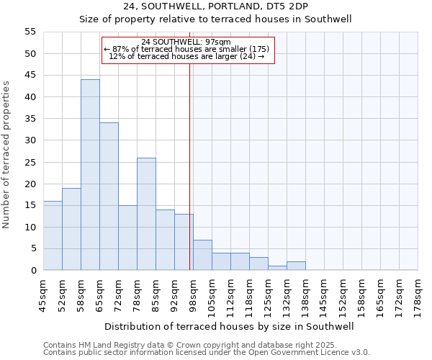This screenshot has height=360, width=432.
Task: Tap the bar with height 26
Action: [x=146, y=214]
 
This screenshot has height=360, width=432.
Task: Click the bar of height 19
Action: [x=71, y=229]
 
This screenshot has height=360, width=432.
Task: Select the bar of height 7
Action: [x=202, y=255]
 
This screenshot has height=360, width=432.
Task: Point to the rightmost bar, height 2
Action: [x=296, y=266]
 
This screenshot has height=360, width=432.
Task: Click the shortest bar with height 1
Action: [x=277, y=268]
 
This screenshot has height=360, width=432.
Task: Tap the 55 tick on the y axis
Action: [x=30, y=32]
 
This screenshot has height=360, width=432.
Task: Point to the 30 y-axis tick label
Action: [x=30, y=140]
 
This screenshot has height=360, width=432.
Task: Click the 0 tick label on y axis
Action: [x=32, y=271]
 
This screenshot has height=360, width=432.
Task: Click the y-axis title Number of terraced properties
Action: [x=7, y=155]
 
